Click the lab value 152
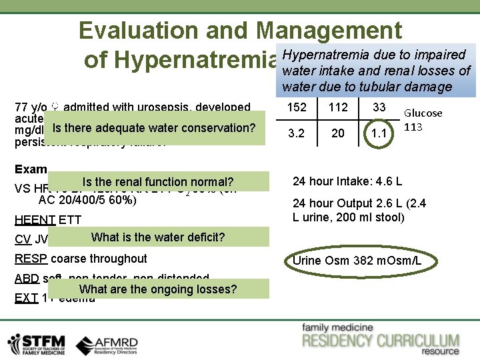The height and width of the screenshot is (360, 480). click(297, 108)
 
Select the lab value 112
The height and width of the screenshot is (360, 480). click(338, 108)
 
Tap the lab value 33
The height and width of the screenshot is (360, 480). click(379, 108)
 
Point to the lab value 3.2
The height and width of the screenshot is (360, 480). click(297, 133)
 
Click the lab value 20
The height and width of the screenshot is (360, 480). click(338, 133)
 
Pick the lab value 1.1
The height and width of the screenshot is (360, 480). click(379, 133)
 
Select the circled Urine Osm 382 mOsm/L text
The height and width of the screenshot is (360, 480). click(357, 260)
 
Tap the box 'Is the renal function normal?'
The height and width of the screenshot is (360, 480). click(157, 182)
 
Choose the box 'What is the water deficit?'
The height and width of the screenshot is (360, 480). click(157, 237)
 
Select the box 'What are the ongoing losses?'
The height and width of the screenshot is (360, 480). click(157, 289)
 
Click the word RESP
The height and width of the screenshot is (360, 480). click(31, 259)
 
